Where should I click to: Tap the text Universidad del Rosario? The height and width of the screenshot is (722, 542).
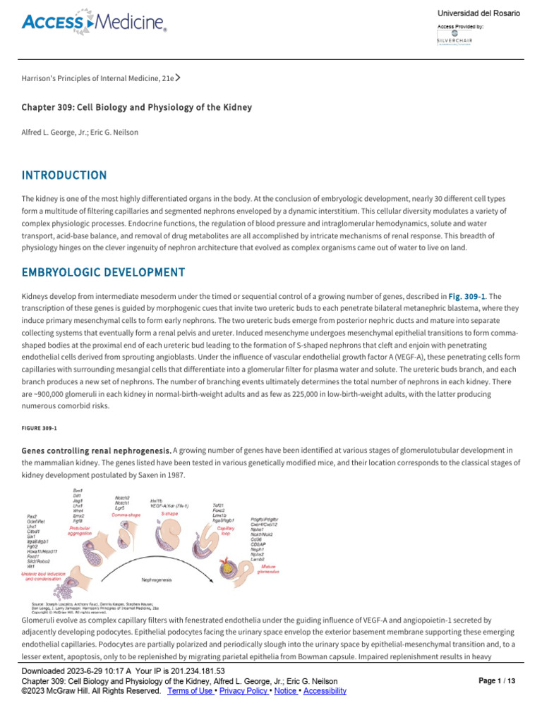(x=478, y=13)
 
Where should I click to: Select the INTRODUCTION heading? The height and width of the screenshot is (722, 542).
(x=64, y=175)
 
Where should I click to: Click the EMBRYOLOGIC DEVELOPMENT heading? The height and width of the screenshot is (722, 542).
(x=103, y=272)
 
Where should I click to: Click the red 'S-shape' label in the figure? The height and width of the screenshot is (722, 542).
(x=169, y=514)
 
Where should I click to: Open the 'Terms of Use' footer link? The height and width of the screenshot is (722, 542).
(x=190, y=691)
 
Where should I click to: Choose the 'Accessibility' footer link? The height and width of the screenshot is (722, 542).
(x=324, y=691)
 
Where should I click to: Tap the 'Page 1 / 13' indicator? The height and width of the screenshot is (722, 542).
(x=497, y=681)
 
